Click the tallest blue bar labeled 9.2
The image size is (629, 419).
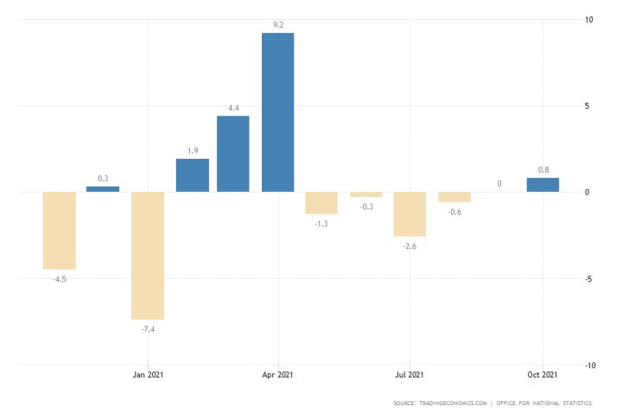click(277, 112)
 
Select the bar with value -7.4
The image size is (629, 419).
click(148, 256)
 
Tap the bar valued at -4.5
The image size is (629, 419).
click(60, 231)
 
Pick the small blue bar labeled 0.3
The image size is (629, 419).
click(103, 188)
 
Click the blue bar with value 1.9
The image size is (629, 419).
click(192, 175)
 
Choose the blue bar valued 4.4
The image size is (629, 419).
click(233, 154)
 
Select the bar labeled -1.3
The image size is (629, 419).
click(321, 203)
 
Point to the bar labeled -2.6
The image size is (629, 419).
click(410, 214)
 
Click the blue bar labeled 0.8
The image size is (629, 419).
click(543, 185)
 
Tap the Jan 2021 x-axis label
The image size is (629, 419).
click(148, 375)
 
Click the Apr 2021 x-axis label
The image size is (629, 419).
click(277, 375)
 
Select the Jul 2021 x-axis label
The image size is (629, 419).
click(410, 375)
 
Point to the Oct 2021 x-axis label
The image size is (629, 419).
click(543, 375)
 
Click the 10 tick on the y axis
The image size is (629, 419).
click(588, 20)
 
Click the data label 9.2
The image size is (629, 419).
click(277, 25)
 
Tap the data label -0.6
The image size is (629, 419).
click(454, 213)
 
